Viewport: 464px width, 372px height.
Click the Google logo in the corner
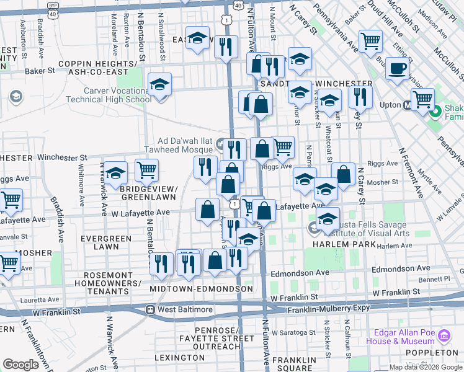click(x=20, y=365)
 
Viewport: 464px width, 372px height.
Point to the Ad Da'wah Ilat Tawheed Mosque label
click(x=179, y=145)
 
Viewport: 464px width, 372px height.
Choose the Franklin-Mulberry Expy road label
click(x=328, y=308)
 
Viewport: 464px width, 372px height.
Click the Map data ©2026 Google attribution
click(x=426, y=367)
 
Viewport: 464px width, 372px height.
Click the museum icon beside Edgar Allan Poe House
click(x=444, y=337)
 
